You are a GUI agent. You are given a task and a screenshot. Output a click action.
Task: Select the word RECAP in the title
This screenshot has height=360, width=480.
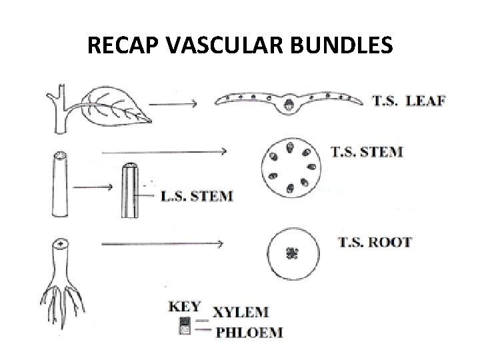tap(124, 46)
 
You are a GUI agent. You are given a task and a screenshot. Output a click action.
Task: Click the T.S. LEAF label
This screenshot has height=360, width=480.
tap(409, 101)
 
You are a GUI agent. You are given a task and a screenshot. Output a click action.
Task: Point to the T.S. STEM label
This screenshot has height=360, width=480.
tap(367, 151)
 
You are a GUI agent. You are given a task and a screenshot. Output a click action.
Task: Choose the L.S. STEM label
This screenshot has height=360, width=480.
tap(198, 196)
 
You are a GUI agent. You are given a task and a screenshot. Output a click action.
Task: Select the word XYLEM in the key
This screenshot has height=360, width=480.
tap(241, 311)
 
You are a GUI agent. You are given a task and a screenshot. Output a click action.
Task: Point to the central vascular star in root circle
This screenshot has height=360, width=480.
tap(291, 253)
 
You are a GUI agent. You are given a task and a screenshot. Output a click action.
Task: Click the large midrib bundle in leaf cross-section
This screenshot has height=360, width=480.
tap(289, 104)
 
